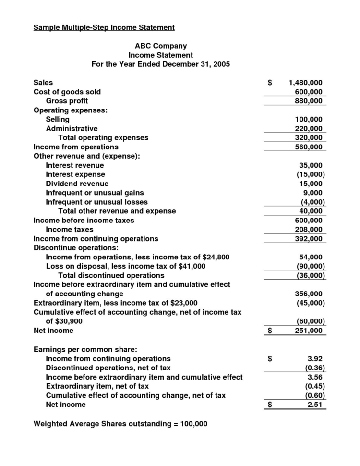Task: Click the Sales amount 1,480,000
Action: (306, 83)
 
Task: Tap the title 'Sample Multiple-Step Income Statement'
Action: (104, 27)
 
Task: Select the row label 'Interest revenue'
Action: (74, 165)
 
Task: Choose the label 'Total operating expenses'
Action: (103, 137)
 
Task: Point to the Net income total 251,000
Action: (308, 331)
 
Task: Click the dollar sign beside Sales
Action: (270, 83)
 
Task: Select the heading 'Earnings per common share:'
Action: (82, 349)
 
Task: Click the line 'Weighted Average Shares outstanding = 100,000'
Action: (120, 424)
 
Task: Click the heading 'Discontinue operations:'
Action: (76, 248)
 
